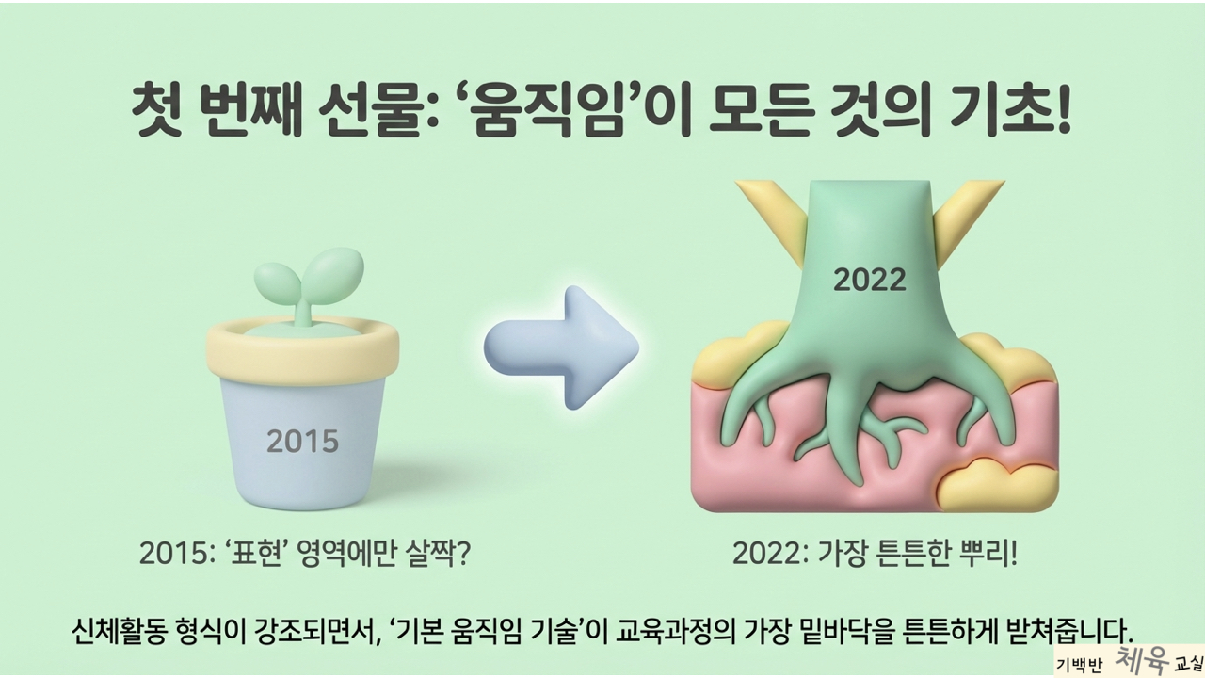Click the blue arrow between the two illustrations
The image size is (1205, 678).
click(x=562, y=347)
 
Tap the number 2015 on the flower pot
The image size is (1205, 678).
click(x=303, y=442)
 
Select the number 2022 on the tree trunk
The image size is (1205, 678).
click(x=870, y=281)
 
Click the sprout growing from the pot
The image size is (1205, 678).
click(x=308, y=286)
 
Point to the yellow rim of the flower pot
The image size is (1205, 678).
click(x=303, y=347)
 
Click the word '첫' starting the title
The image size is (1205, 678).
click(x=156, y=114)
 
